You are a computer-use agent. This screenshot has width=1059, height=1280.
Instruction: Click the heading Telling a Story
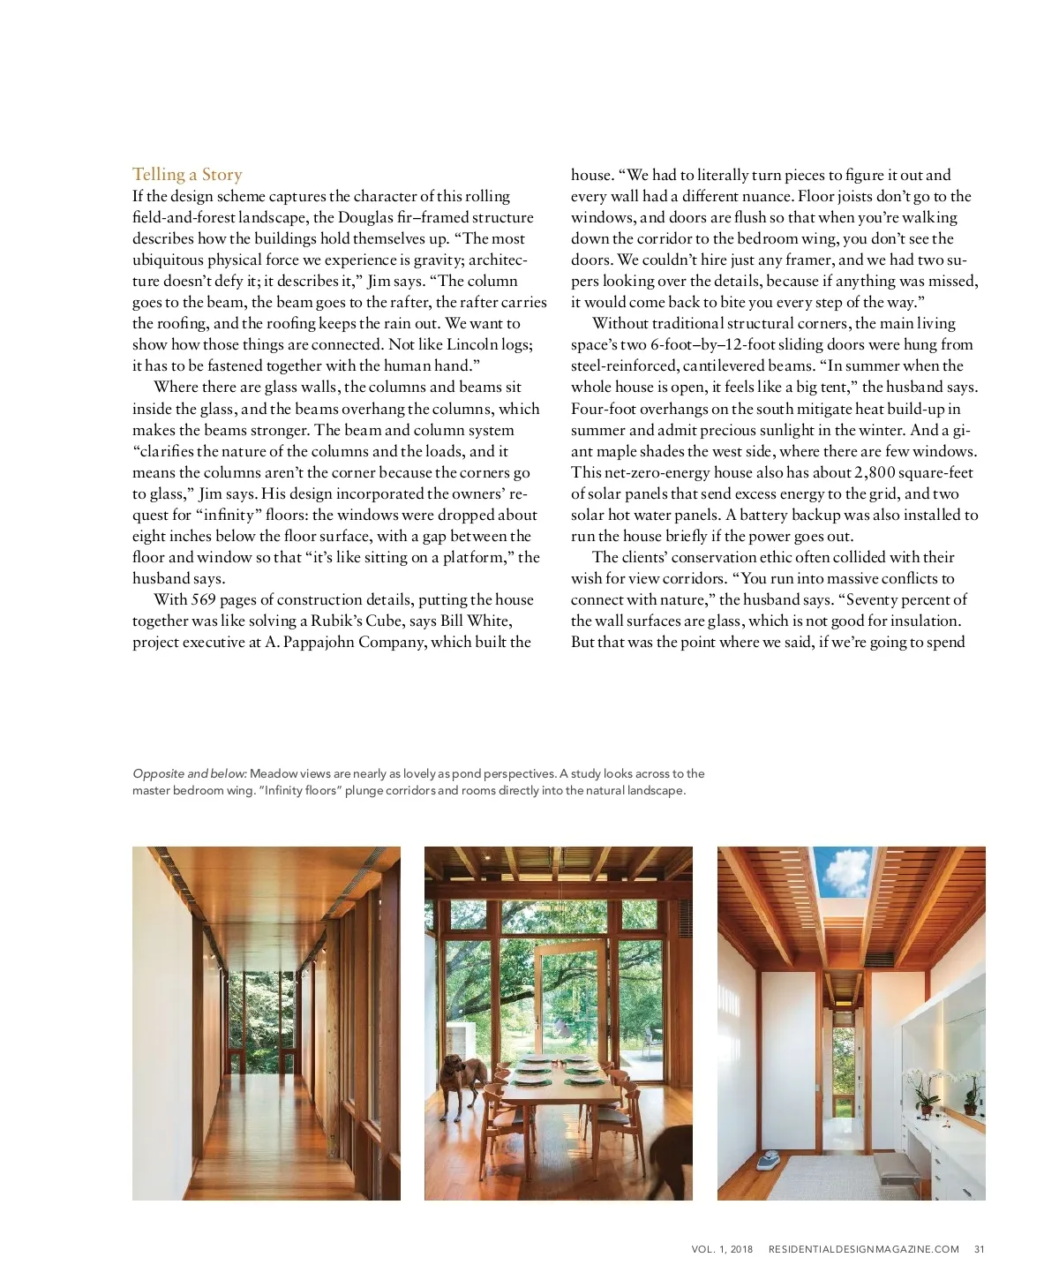pos(187,174)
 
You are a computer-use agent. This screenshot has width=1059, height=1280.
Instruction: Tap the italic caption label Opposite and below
pos(189,774)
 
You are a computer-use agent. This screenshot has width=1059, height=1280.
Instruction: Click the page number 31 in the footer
pos(979,1249)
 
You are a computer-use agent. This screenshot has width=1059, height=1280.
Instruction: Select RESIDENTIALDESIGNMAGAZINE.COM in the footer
pos(863,1249)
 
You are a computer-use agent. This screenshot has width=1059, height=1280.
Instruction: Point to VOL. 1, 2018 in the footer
pos(722,1249)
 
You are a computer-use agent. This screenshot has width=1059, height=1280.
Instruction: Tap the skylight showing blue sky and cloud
pos(845,871)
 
